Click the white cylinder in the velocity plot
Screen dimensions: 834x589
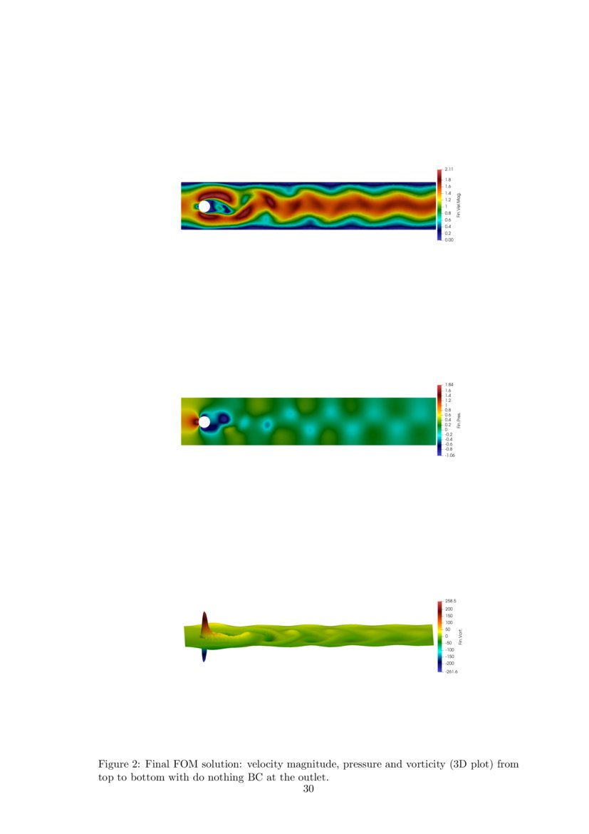click(204, 207)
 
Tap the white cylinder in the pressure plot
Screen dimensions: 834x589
click(204, 422)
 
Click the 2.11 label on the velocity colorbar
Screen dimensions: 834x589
click(449, 169)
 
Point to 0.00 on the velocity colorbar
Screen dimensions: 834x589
click(449, 240)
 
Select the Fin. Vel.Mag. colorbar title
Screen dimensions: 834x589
click(459, 205)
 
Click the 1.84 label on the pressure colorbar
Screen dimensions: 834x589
click(449, 385)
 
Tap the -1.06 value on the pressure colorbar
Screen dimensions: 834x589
click(450, 455)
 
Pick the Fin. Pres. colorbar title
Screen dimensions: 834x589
click(459, 421)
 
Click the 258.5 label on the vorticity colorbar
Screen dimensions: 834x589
click(451, 602)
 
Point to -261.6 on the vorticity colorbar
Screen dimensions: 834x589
click(452, 671)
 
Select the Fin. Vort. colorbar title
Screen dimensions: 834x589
click(460, 637)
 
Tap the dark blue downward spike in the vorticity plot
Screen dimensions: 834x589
click(204, 654)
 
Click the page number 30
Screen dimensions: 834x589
click(308, 788)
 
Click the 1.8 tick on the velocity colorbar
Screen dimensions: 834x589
click(448, 180)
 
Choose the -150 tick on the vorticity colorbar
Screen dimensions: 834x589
click(450, 657)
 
